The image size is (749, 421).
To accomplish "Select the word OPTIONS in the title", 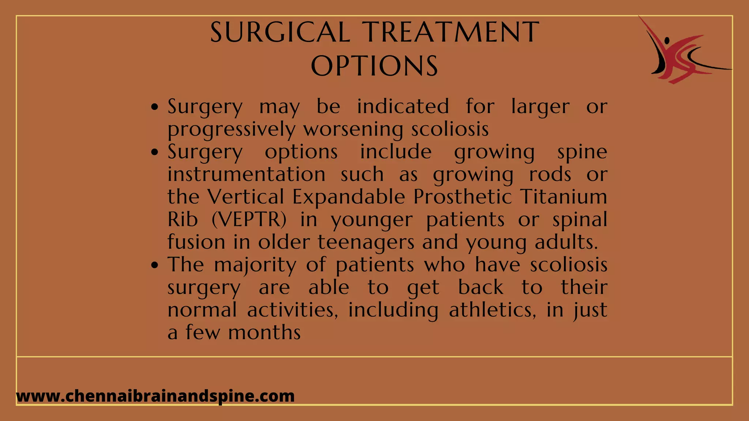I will (x=374, y=66).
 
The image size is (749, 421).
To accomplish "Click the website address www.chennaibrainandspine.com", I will (x=155, y=396).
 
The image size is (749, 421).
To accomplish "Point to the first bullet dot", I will (x=155, y=107).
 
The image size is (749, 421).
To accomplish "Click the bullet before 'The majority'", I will (x=155, y=265).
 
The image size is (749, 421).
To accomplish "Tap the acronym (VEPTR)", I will (x=249, y=220).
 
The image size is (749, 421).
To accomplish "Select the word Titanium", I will (x=563, y=197).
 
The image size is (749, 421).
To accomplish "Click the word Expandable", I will (x=349, y=197).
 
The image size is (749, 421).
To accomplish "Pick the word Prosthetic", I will (x=463, y=197).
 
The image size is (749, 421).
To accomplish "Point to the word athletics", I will (x=492, y=310).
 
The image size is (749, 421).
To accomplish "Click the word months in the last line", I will (x=264, y=333).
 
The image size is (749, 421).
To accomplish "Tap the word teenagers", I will (x=366, y=242).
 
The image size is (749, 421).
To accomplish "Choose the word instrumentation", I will (x=246, y=174).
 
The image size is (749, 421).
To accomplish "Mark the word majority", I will (x=255, y=265).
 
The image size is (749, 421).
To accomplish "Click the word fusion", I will (x=196, y=242).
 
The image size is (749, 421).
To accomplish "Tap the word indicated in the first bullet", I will (x=403, y=107).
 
